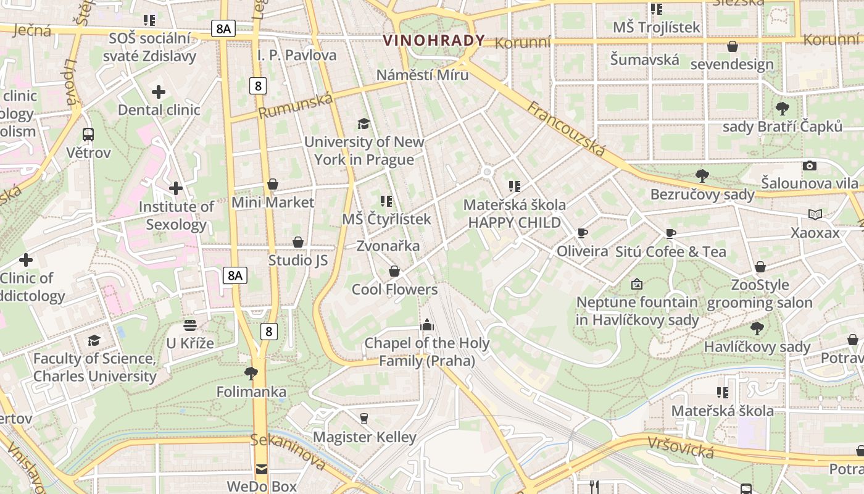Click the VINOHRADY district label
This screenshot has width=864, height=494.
(434, 41)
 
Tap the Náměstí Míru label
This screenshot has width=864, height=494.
(423, 75)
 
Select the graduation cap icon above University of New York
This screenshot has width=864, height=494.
(363, 124)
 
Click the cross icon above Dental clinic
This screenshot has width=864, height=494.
(159, 92)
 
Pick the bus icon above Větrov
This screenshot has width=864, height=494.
(88, 134)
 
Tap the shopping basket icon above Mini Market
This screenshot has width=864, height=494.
(273, 184)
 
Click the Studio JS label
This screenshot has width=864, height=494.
(298, 260)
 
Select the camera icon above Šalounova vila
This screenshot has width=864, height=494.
(810, 165)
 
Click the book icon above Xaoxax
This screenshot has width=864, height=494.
(815, 214)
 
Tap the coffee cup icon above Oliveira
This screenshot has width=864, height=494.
(582, 233)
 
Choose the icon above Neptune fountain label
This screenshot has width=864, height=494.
(637, 284)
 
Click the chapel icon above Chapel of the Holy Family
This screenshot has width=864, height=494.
(426, 325)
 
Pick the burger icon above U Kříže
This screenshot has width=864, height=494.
(190, 325)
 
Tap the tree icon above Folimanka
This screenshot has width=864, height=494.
(251, 373)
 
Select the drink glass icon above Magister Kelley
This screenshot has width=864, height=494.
(364, 418)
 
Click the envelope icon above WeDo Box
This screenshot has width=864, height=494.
(262, 469)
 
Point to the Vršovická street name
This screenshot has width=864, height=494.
(681, 448)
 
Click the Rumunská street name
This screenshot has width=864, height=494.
(295, 106)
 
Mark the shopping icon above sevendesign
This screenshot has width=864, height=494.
(733, 46)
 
